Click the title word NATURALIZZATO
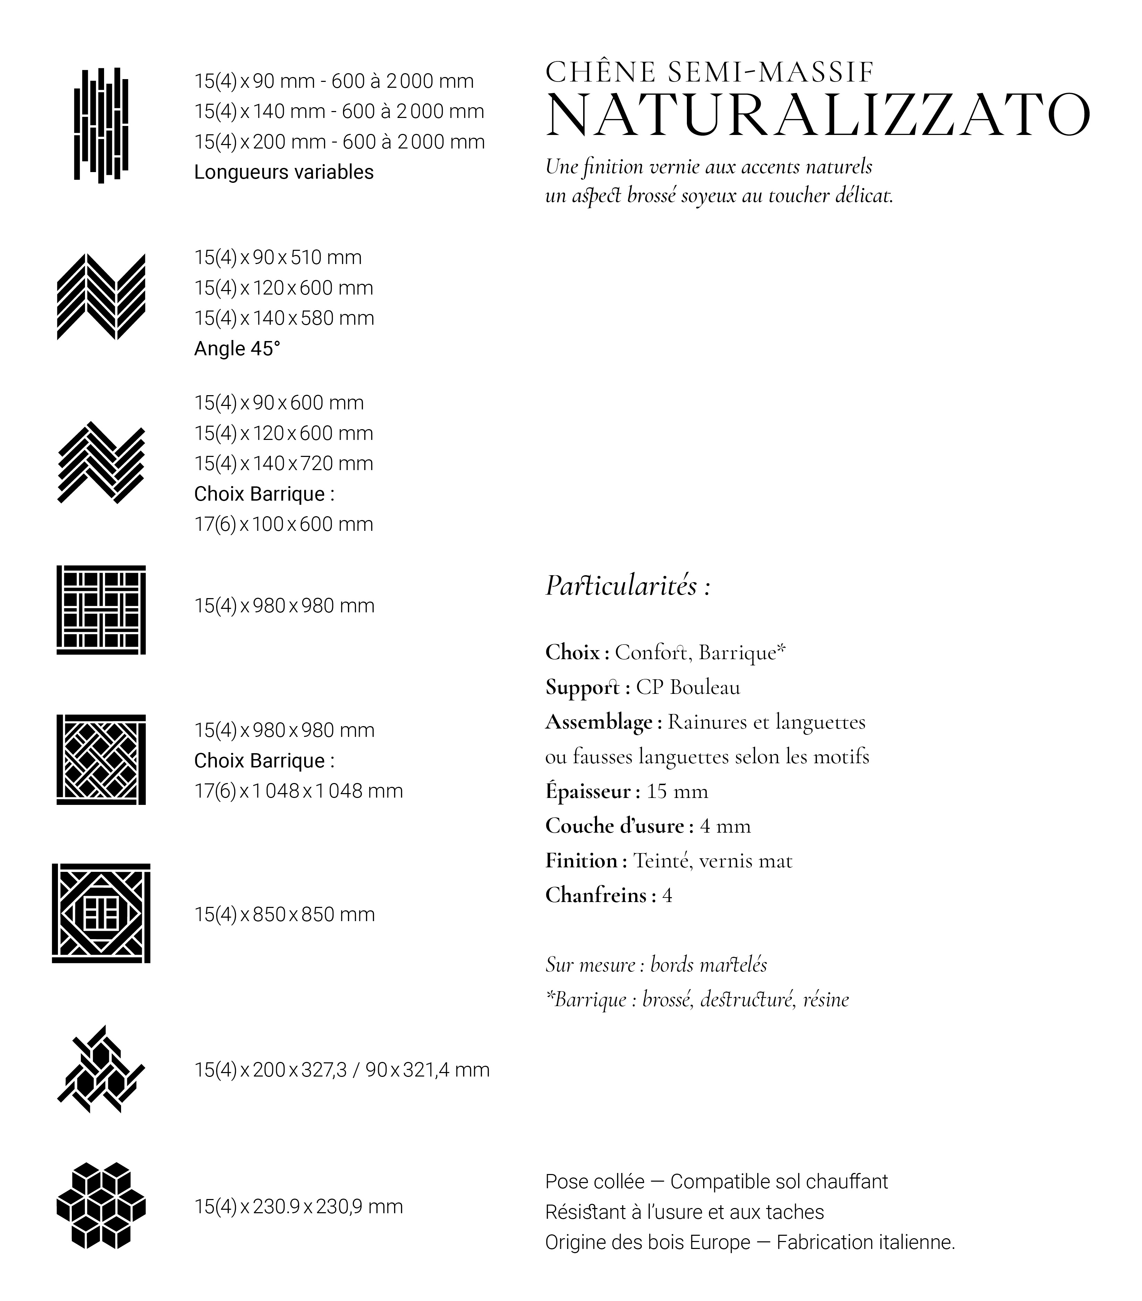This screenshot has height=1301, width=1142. pyautogui.click(x=817, y=116)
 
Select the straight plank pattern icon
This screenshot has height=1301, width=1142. pyautogui.click(x=101, y=125)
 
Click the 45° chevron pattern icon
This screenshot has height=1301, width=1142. pyautogui.click(x=101, y=297)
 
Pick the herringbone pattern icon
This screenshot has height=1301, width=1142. pyautogui.click(x=101, y=463)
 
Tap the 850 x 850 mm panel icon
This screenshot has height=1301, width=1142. pyautogui.click(x=101, y=913)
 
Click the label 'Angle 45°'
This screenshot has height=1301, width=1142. pyautogui.click(x=237, y=349)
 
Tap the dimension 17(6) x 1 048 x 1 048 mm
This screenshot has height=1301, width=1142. pyautogui.click(x=298, y=791)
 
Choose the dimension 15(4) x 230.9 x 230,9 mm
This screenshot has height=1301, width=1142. pyautogui.click(x=298, y=1206)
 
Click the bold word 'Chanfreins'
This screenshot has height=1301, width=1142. pyautogui.click(x=596, y=895)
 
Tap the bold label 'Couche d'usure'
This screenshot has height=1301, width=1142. pyautogui.click(x=614, y=826)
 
